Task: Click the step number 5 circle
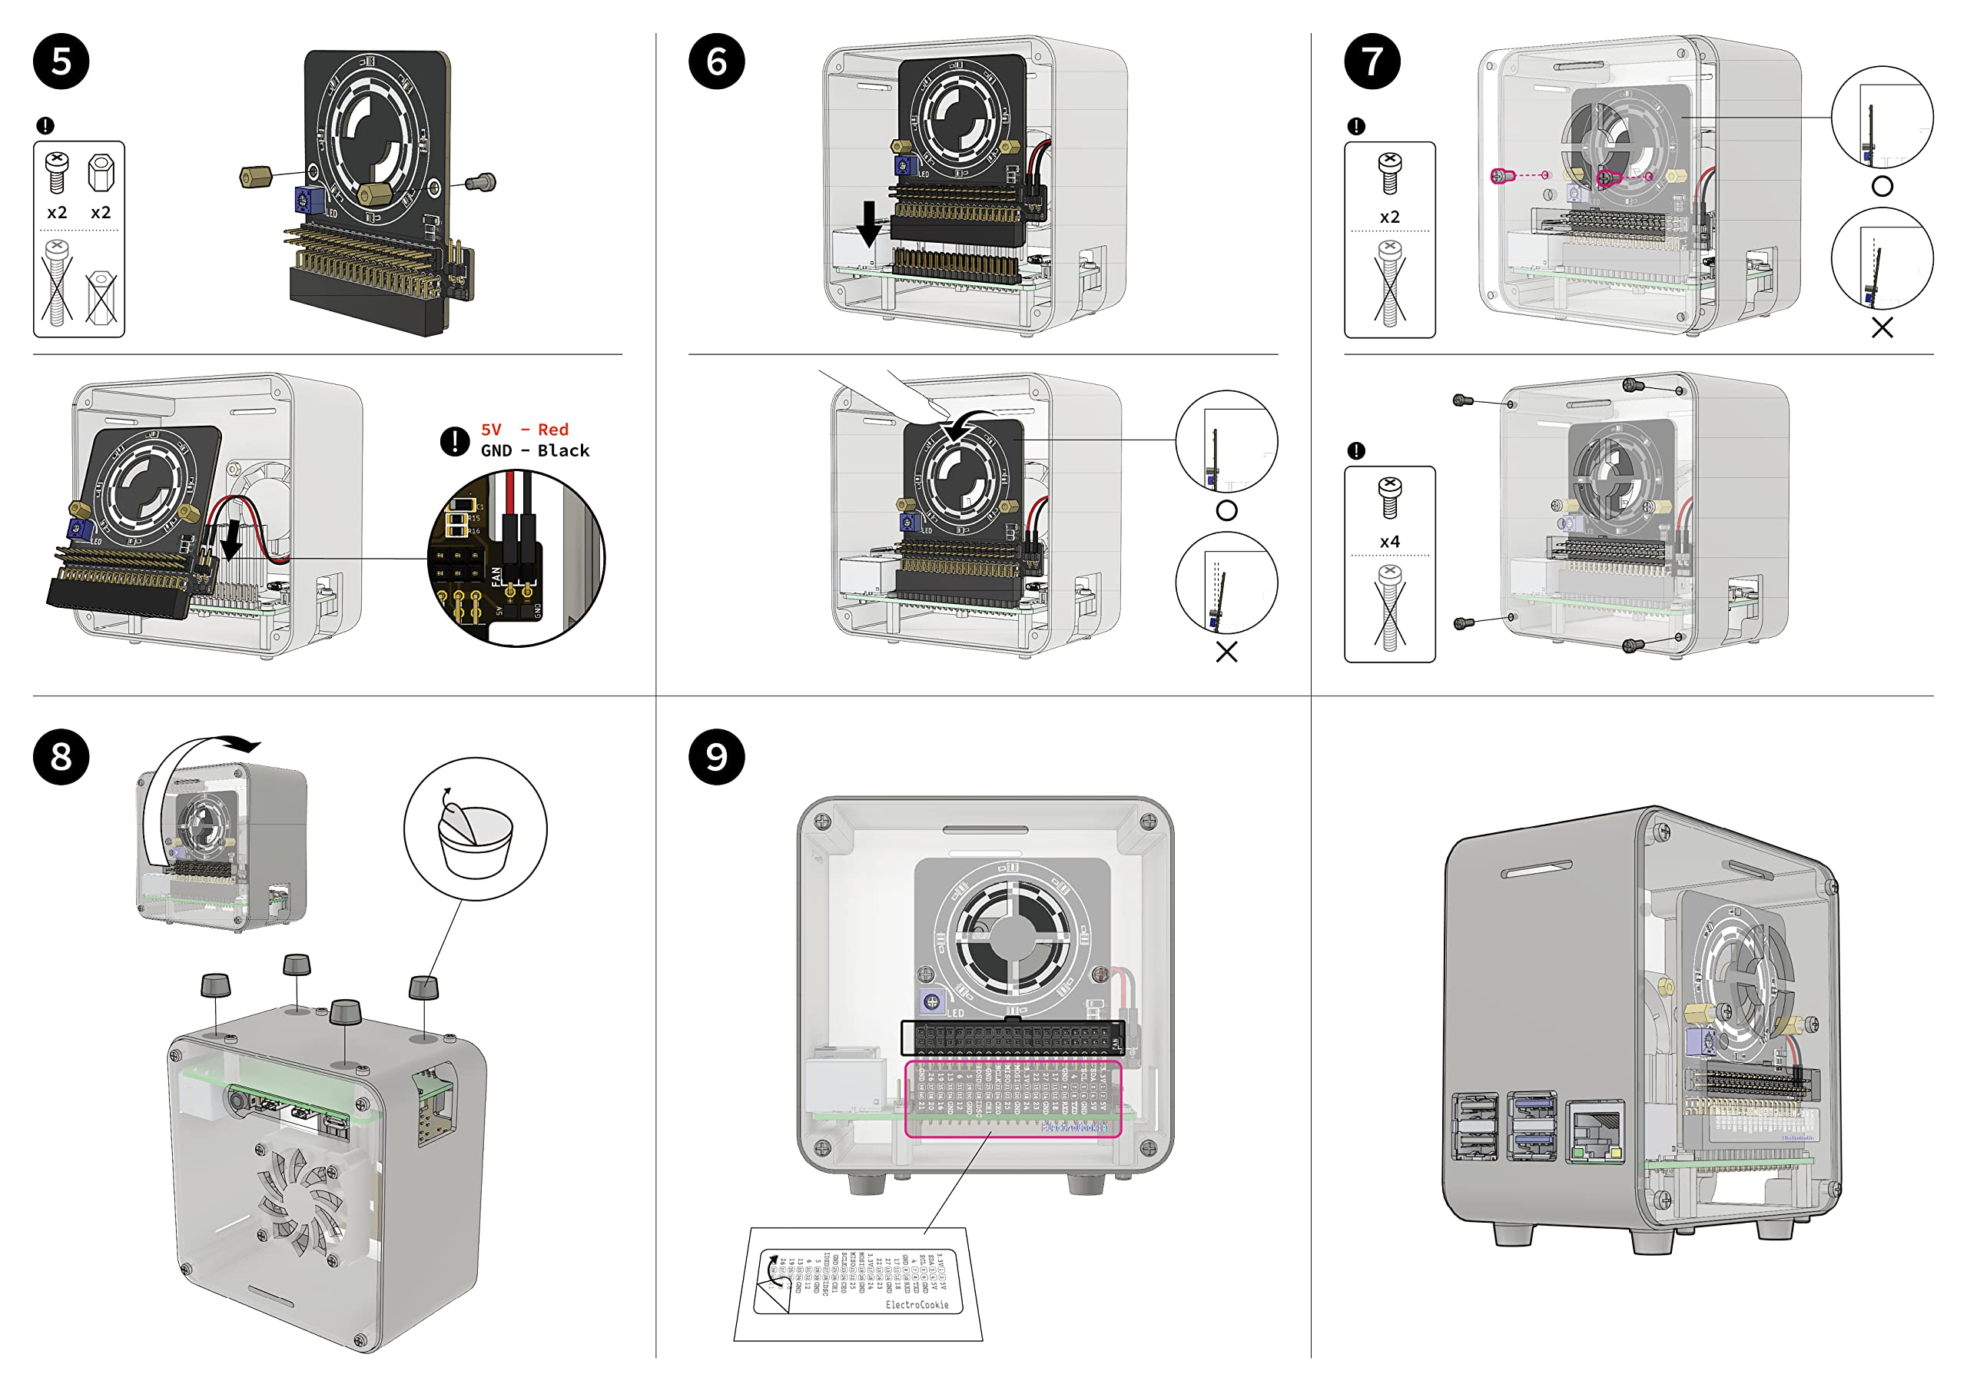tap(61, 61)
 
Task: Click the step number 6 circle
tap(716, 61)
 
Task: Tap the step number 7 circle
tap(1372, 61)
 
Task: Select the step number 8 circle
tap(61, 757)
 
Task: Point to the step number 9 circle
tap(716, 757)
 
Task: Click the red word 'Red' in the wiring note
tap(552, 430)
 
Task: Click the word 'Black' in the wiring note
tap(563, 451)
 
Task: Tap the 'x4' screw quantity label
tap(1390, 542)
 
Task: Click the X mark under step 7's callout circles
tap(1882, 327)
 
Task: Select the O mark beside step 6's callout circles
tap(1226, 511)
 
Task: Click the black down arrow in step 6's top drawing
tap(869, 223)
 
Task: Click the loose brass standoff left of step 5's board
tap(255, 178)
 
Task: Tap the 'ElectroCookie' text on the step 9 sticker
tap(917, 1304)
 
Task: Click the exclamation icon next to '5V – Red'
tap(454, 441)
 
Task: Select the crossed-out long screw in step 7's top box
tap(1390, 283)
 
